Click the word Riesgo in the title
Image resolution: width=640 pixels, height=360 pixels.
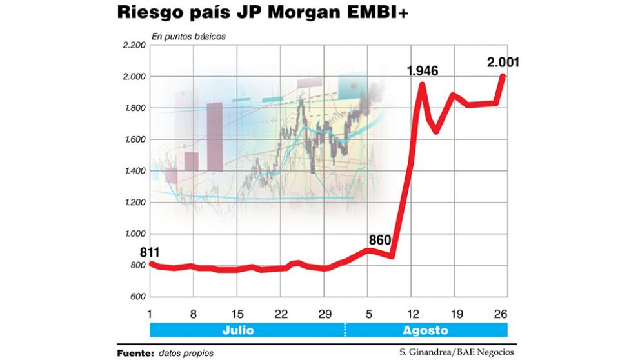(149, 14)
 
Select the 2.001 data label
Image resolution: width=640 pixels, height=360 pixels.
(503, 63)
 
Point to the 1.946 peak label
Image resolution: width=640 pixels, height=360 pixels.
(423, 71)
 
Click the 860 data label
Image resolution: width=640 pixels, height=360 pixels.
(380, 241)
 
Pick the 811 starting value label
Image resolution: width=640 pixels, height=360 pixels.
(150, 252)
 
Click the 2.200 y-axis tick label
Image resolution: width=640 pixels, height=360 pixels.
(132, 45)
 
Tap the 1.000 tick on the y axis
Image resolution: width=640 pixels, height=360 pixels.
(132, 234)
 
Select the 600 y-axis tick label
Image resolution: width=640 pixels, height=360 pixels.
(137, 297)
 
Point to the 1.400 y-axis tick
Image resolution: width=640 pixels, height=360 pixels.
(132, 171)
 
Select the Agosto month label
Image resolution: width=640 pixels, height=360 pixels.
(425, 330)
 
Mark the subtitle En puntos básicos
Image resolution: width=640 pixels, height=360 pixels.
(188, 37)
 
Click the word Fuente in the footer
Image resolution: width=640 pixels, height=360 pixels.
(134, 353)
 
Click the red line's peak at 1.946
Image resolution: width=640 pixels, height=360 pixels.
(423, 85)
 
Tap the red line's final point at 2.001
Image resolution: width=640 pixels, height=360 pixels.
(503, 76)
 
